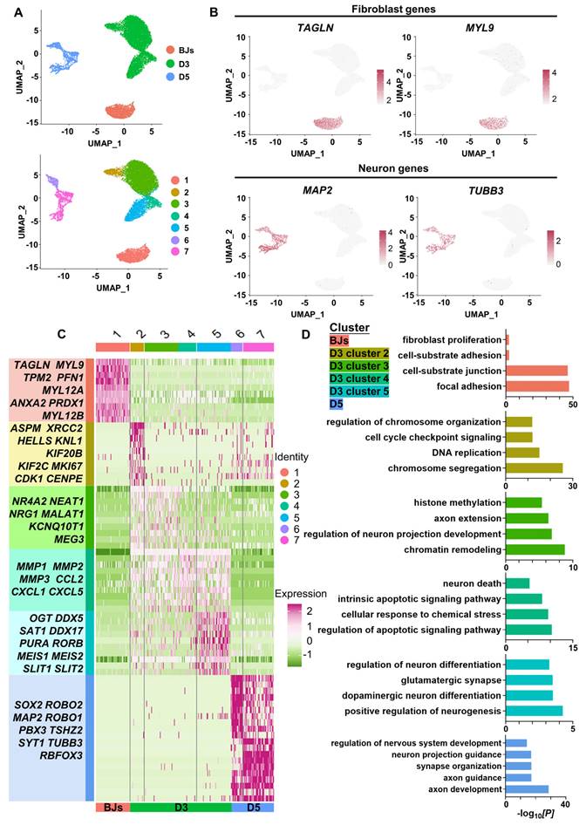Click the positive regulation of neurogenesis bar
tap(534, 711)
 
